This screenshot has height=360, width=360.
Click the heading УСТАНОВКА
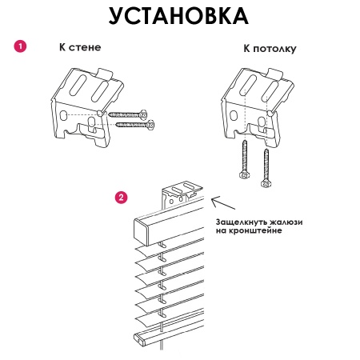(x=178, y=16)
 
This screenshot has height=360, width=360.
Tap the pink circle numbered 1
(x=21, y=47)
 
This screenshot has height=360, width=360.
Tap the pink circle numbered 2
(x=121, y=196)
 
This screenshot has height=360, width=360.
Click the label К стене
(x=80, y=47)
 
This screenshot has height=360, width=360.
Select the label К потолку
(x=270, y=49)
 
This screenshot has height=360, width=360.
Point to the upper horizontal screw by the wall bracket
(x=130, y=114)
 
